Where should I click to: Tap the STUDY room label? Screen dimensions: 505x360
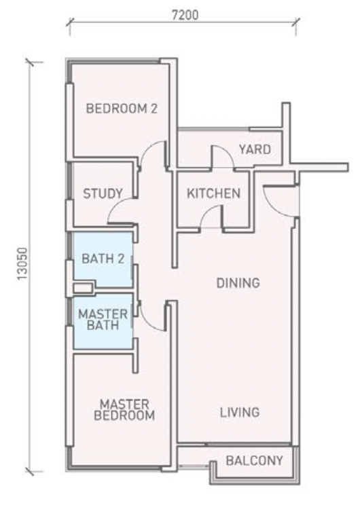tap(103, 193)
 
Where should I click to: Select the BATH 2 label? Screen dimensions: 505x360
tap(103, 258)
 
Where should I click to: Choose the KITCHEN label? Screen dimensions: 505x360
tap(213, 193)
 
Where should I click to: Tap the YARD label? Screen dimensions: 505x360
tap(254, 149)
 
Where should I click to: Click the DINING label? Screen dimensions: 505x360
tap(238, 283)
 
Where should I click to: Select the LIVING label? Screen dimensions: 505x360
tap(239, 412)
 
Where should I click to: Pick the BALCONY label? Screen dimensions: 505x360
tap(254, 461)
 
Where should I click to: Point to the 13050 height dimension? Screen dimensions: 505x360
tap(18, 265)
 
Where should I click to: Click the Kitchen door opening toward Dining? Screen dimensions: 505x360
tap(211, 219)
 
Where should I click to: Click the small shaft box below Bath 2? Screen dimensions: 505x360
tap(82, 288)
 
